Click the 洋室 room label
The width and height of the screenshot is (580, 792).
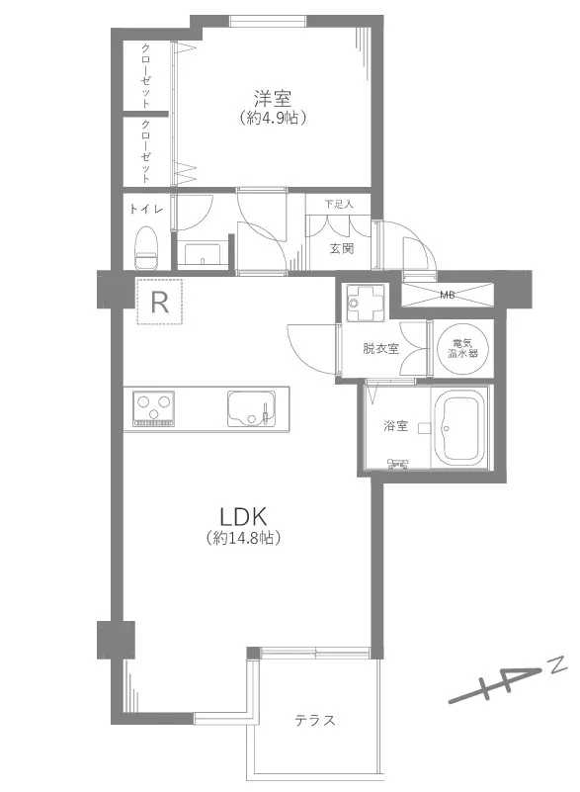pyautogui.click(x=273, y=98)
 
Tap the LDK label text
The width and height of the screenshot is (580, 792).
pyautogui.click(x=243, y=517)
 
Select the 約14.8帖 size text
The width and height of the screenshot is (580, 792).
pyautogui.click(x=243, y=539)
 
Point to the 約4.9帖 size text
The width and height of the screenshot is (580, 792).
pyautogui.click(x=273, y=119)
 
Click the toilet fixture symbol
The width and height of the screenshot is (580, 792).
pyautogui.click(x=146, y=247)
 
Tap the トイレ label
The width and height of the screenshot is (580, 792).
pyautogui.click(x=146, y=209)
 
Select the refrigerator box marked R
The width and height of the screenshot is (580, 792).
pyautogui.click(x=159, y=302)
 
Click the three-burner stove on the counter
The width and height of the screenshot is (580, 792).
pyautogui.click(x=153, y=408)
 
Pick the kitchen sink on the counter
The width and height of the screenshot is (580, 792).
pyautogui.click(x=251, y=408)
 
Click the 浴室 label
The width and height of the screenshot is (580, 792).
pyautogui.click(x=395, y=426)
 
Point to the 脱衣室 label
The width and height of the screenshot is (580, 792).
pyautogui.click(x=380, y=348)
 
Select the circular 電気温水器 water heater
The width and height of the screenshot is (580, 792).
pyautogui.click(x=462, y=348)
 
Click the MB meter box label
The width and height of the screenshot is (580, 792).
pyautogui.click(x=447, y=295)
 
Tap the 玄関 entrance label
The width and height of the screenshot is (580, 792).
pyautogui.click(x=342, y=248)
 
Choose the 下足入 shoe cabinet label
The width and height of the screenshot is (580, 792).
pyautogui.click(x=338, y=204)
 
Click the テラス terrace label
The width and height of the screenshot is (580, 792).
pyautogui.click(x=315, y=720)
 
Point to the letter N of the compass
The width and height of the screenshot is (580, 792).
pyautogui.click(x=558, y=666)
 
